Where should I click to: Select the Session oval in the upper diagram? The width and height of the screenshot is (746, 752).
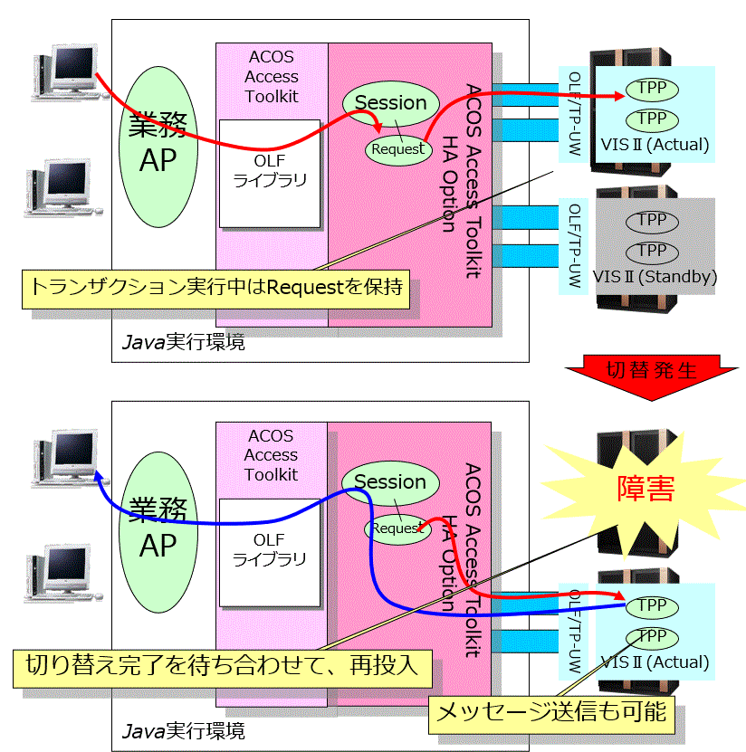[390, 103]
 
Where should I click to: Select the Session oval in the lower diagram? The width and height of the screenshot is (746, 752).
[390, 482]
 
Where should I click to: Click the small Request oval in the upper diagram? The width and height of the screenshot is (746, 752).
[397, 148]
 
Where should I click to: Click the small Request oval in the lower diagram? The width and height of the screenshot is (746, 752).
[397, 528]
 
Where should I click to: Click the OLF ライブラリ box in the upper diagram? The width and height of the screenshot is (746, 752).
[270, 172]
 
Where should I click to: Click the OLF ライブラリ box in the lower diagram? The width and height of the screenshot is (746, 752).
[270, 550]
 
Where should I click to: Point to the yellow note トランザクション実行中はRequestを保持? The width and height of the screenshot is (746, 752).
[215, 288]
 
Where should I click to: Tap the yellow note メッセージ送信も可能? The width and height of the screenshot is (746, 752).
[551, 712]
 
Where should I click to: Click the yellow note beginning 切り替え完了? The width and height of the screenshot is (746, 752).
[221, 667]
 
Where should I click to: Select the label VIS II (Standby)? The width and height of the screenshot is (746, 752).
[655, 277]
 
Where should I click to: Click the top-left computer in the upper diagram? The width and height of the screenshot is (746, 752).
[69, 71]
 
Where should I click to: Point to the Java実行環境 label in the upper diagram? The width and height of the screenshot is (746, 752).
[183, 343]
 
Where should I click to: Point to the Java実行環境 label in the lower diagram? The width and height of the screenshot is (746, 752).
[183, 729]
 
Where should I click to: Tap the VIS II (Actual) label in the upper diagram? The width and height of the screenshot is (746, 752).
[655, 144]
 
